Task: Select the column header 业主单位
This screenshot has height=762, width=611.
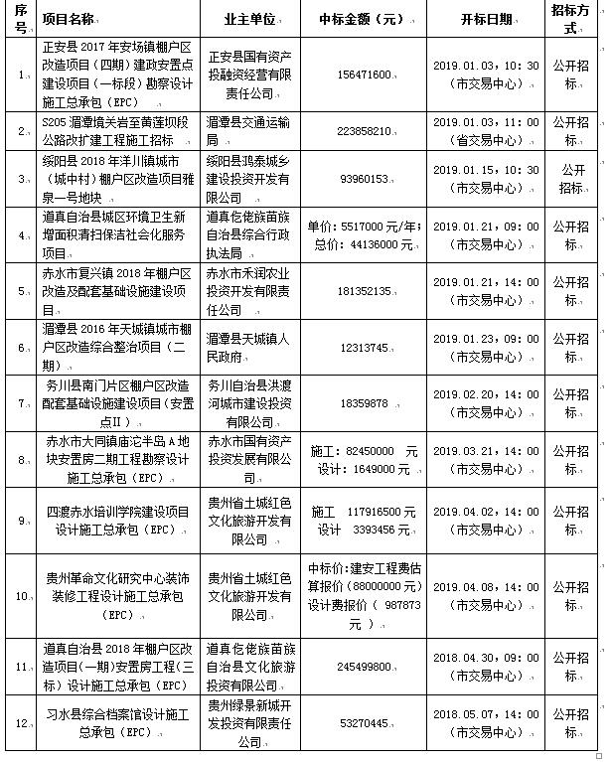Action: coord(250,19)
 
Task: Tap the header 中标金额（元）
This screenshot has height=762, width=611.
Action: coord(356,19)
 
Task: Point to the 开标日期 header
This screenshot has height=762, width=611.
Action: coord(487,19)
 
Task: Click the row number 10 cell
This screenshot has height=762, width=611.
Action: coord(20,595)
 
